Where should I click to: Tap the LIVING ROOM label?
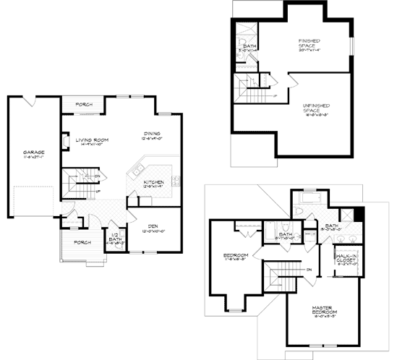point(93,140)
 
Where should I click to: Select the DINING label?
point(152,133)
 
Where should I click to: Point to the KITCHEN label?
point(153,181)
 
